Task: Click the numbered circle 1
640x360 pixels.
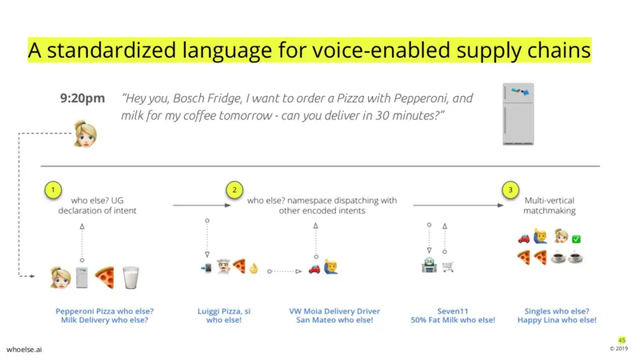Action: click(53, 190)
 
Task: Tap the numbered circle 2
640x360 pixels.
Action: click(234, 190)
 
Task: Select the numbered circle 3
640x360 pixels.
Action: click(510, 190)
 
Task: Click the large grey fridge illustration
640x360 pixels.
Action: click(518, 114)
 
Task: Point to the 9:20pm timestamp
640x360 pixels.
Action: click(82, 98)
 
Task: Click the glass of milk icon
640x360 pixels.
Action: click(131, 278)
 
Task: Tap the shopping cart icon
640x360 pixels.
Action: click(448, 266)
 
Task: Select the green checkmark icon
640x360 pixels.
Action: click(576, 239)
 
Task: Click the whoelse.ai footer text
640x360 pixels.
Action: click(24, 350)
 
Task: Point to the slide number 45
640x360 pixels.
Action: click(622, 340)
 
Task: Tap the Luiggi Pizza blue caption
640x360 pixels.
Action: click(224, 315)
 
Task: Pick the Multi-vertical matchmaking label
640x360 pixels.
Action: click(550, 206)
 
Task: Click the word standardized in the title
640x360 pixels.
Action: click(112, 50)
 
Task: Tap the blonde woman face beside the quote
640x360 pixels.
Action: click(86, 134)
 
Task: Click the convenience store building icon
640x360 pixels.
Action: click(429, 266)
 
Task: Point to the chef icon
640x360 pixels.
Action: click(224, 266)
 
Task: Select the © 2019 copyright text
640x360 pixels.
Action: click(618, 349)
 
